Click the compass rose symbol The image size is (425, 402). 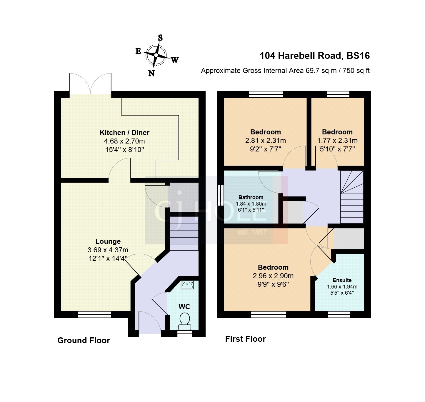point(156,55)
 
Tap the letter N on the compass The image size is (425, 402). point(151,73)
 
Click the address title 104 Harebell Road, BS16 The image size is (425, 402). point(314,56)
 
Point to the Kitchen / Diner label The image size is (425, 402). point(124,133)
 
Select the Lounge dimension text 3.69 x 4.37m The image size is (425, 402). point(108,250)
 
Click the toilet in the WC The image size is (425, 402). point(184,321)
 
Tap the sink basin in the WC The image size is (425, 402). point(187,285)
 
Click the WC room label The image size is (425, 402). point(184,307)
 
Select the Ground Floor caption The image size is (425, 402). point(84,340)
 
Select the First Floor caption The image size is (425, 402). point(245,339)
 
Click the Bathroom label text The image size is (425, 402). point(251,197)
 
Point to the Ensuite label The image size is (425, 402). point(342,280)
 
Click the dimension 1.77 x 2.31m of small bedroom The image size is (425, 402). point(337,141)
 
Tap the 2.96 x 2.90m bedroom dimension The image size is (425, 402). point(273,276)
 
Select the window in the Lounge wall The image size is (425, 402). point(94,314)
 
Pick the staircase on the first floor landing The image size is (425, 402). point(352,197)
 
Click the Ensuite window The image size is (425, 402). point(339,314)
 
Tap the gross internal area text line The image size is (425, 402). point(285,71)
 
